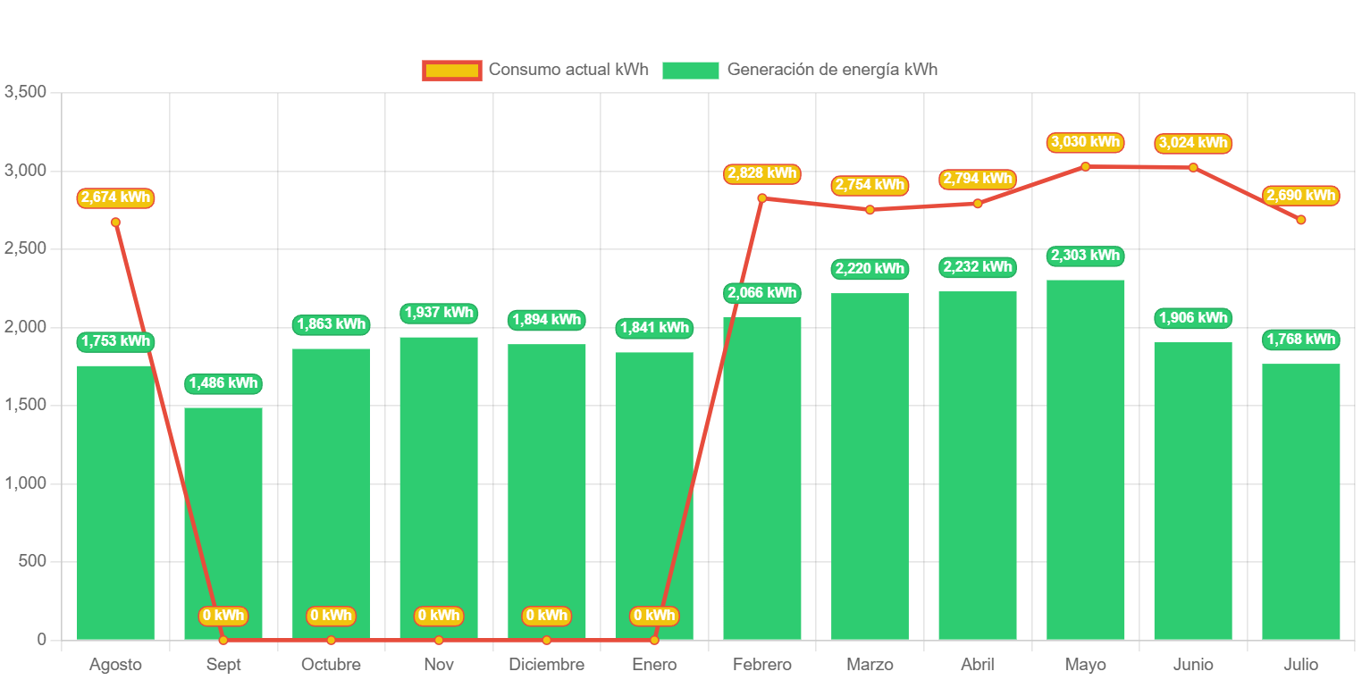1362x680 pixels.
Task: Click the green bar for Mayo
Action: coord(1085,459)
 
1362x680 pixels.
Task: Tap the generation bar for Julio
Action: coord(1300,500)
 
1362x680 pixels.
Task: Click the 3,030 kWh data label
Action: coord(1085,142)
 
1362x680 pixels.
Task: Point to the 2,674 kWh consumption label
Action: coord(115,197)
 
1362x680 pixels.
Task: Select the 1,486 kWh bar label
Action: coord(223,383)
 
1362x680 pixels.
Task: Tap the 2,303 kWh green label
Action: coord(1085,256)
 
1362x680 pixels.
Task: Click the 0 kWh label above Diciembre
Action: coord(546,616)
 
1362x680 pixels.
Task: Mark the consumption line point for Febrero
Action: coord(762,198)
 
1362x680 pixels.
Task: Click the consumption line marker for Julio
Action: coord(1301,220)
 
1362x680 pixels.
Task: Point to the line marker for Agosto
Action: coord(115,222)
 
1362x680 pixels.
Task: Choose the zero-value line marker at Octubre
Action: coord(331,640)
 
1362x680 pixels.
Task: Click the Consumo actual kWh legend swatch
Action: coord(452,70)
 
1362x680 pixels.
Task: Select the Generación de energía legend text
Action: coord(832,70)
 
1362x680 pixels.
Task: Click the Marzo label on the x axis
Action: coord(870,665)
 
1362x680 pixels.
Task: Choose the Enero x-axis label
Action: coord(654,665)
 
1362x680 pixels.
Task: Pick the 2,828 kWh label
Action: coord(762,173)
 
